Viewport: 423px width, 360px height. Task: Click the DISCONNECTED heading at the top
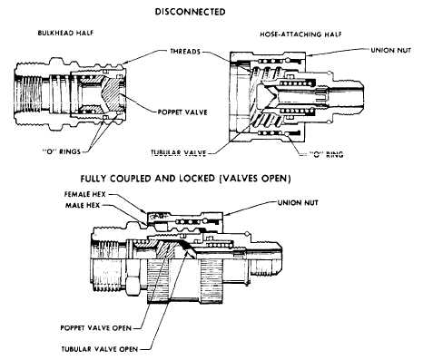click(190, 12)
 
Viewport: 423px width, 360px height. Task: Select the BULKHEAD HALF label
click(65, 33)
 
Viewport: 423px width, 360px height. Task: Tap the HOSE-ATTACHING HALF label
click(300, 34)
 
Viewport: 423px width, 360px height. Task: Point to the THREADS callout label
click(185, 52)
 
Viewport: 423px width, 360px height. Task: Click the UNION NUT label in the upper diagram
click(391, 50)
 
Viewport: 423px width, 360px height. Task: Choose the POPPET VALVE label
click(182, 112)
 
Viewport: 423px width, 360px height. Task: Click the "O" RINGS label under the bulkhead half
click(62, 151)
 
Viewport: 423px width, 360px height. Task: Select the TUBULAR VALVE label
click(179, 153)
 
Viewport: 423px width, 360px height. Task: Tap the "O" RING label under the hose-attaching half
click(327, 155)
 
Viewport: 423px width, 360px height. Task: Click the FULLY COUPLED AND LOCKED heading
click(185, 179)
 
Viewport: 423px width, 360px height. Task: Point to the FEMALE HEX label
click(85, 194)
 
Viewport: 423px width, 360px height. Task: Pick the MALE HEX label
click(83, 206)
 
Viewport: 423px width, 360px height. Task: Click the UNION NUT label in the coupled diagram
click(298, 202)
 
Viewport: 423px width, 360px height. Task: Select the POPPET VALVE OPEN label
click(96, 328)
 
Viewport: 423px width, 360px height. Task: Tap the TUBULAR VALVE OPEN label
click(100, 349)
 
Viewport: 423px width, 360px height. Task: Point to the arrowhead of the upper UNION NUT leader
click(308, 55)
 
